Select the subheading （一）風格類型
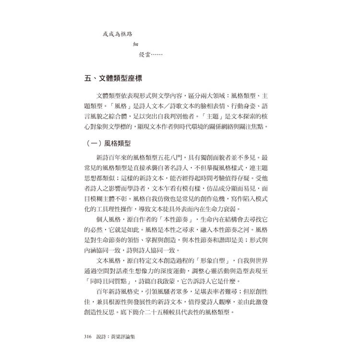coord(111,143)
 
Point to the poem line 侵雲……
coord(151,55)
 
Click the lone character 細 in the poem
coord(136,45)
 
